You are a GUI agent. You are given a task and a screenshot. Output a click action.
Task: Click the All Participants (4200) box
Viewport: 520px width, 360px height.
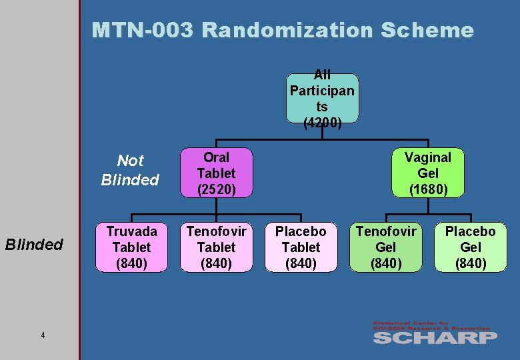[322, 99]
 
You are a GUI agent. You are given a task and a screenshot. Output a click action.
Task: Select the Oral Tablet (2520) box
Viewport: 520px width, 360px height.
[216, 173]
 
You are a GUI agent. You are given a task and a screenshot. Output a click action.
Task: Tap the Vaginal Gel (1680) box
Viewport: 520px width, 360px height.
[428, 173]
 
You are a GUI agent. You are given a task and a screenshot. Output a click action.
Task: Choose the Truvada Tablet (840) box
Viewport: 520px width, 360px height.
[131, 247]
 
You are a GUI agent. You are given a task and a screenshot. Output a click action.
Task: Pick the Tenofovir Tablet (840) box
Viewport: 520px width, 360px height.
[216, 247]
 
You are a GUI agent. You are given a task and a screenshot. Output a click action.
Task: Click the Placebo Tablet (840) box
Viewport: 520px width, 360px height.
[301, 247]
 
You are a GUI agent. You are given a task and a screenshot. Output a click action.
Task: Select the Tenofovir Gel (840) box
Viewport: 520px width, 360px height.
[385, 247]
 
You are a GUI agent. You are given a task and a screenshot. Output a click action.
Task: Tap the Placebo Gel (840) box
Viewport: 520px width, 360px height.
[470, 247]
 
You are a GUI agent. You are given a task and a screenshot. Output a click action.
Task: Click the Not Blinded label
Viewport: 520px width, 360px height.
[130, 170]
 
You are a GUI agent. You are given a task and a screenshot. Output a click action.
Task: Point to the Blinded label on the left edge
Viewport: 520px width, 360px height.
[34, 245]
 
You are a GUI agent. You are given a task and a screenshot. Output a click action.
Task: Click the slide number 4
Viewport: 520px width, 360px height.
[43, 335]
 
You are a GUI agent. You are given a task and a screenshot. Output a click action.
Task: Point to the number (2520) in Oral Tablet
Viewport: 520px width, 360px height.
[216, 189]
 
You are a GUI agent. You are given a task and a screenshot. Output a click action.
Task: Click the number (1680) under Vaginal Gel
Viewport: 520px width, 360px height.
[428, 189]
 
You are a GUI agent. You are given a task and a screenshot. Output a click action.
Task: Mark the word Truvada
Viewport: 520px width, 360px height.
[131, 231]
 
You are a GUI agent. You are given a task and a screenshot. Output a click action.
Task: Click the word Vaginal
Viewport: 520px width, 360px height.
[428, 157]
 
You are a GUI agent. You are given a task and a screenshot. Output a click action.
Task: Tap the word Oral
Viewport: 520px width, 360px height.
[216, 157]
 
